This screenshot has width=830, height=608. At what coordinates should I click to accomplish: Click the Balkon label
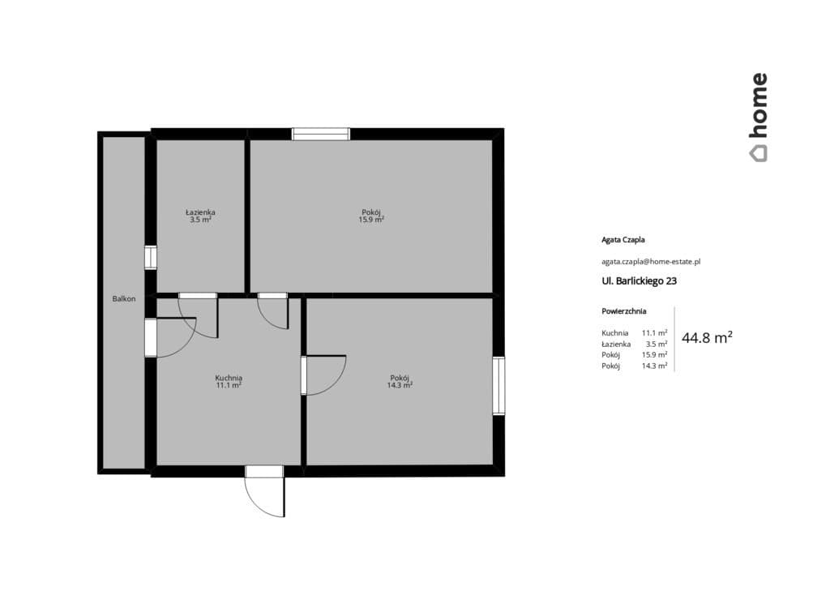pyautogui.click(x=124, y=298)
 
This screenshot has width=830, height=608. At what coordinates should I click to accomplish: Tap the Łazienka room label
pyautogui.click(x=200, y=212)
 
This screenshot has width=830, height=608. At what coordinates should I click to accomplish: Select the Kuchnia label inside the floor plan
pyautogui.click(x=229, y=378)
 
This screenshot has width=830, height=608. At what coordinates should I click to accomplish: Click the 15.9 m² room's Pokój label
pyautogui.click(x=371, y=212)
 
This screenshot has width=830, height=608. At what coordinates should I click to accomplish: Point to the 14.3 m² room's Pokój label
pyautogui.click(x=400, y=378)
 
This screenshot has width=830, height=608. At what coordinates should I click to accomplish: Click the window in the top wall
pyautogui.click(x=321, y=134)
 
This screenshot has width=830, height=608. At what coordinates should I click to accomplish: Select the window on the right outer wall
pyautogui.click(x=498, y=386)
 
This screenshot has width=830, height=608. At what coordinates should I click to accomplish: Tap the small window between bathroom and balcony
pyautogui.click(x=151, y=258)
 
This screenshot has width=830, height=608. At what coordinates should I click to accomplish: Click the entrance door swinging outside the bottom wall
pyautogui.click(x=265, y=491)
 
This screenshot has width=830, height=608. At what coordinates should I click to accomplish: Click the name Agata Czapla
pyautogui.click(x=623, y=240)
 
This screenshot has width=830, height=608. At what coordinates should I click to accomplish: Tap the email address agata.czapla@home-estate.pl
pyautogui.click(x=651, y=262)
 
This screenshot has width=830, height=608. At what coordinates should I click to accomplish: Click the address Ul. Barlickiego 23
pyautogui.click(x=639, y=281)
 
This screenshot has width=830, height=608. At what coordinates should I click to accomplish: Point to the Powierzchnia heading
pyautogui.click(x=623, y=311)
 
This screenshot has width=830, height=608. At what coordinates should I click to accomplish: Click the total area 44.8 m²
pyautogui.click(x=707, y=337)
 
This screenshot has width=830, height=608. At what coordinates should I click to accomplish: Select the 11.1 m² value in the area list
pyautogui.click(x=654, y=333)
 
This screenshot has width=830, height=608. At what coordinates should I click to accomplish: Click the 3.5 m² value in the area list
pyautogui.click(x=657, y=345)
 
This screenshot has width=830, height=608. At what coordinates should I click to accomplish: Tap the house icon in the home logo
pyautogui.click(x=758, y=153)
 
